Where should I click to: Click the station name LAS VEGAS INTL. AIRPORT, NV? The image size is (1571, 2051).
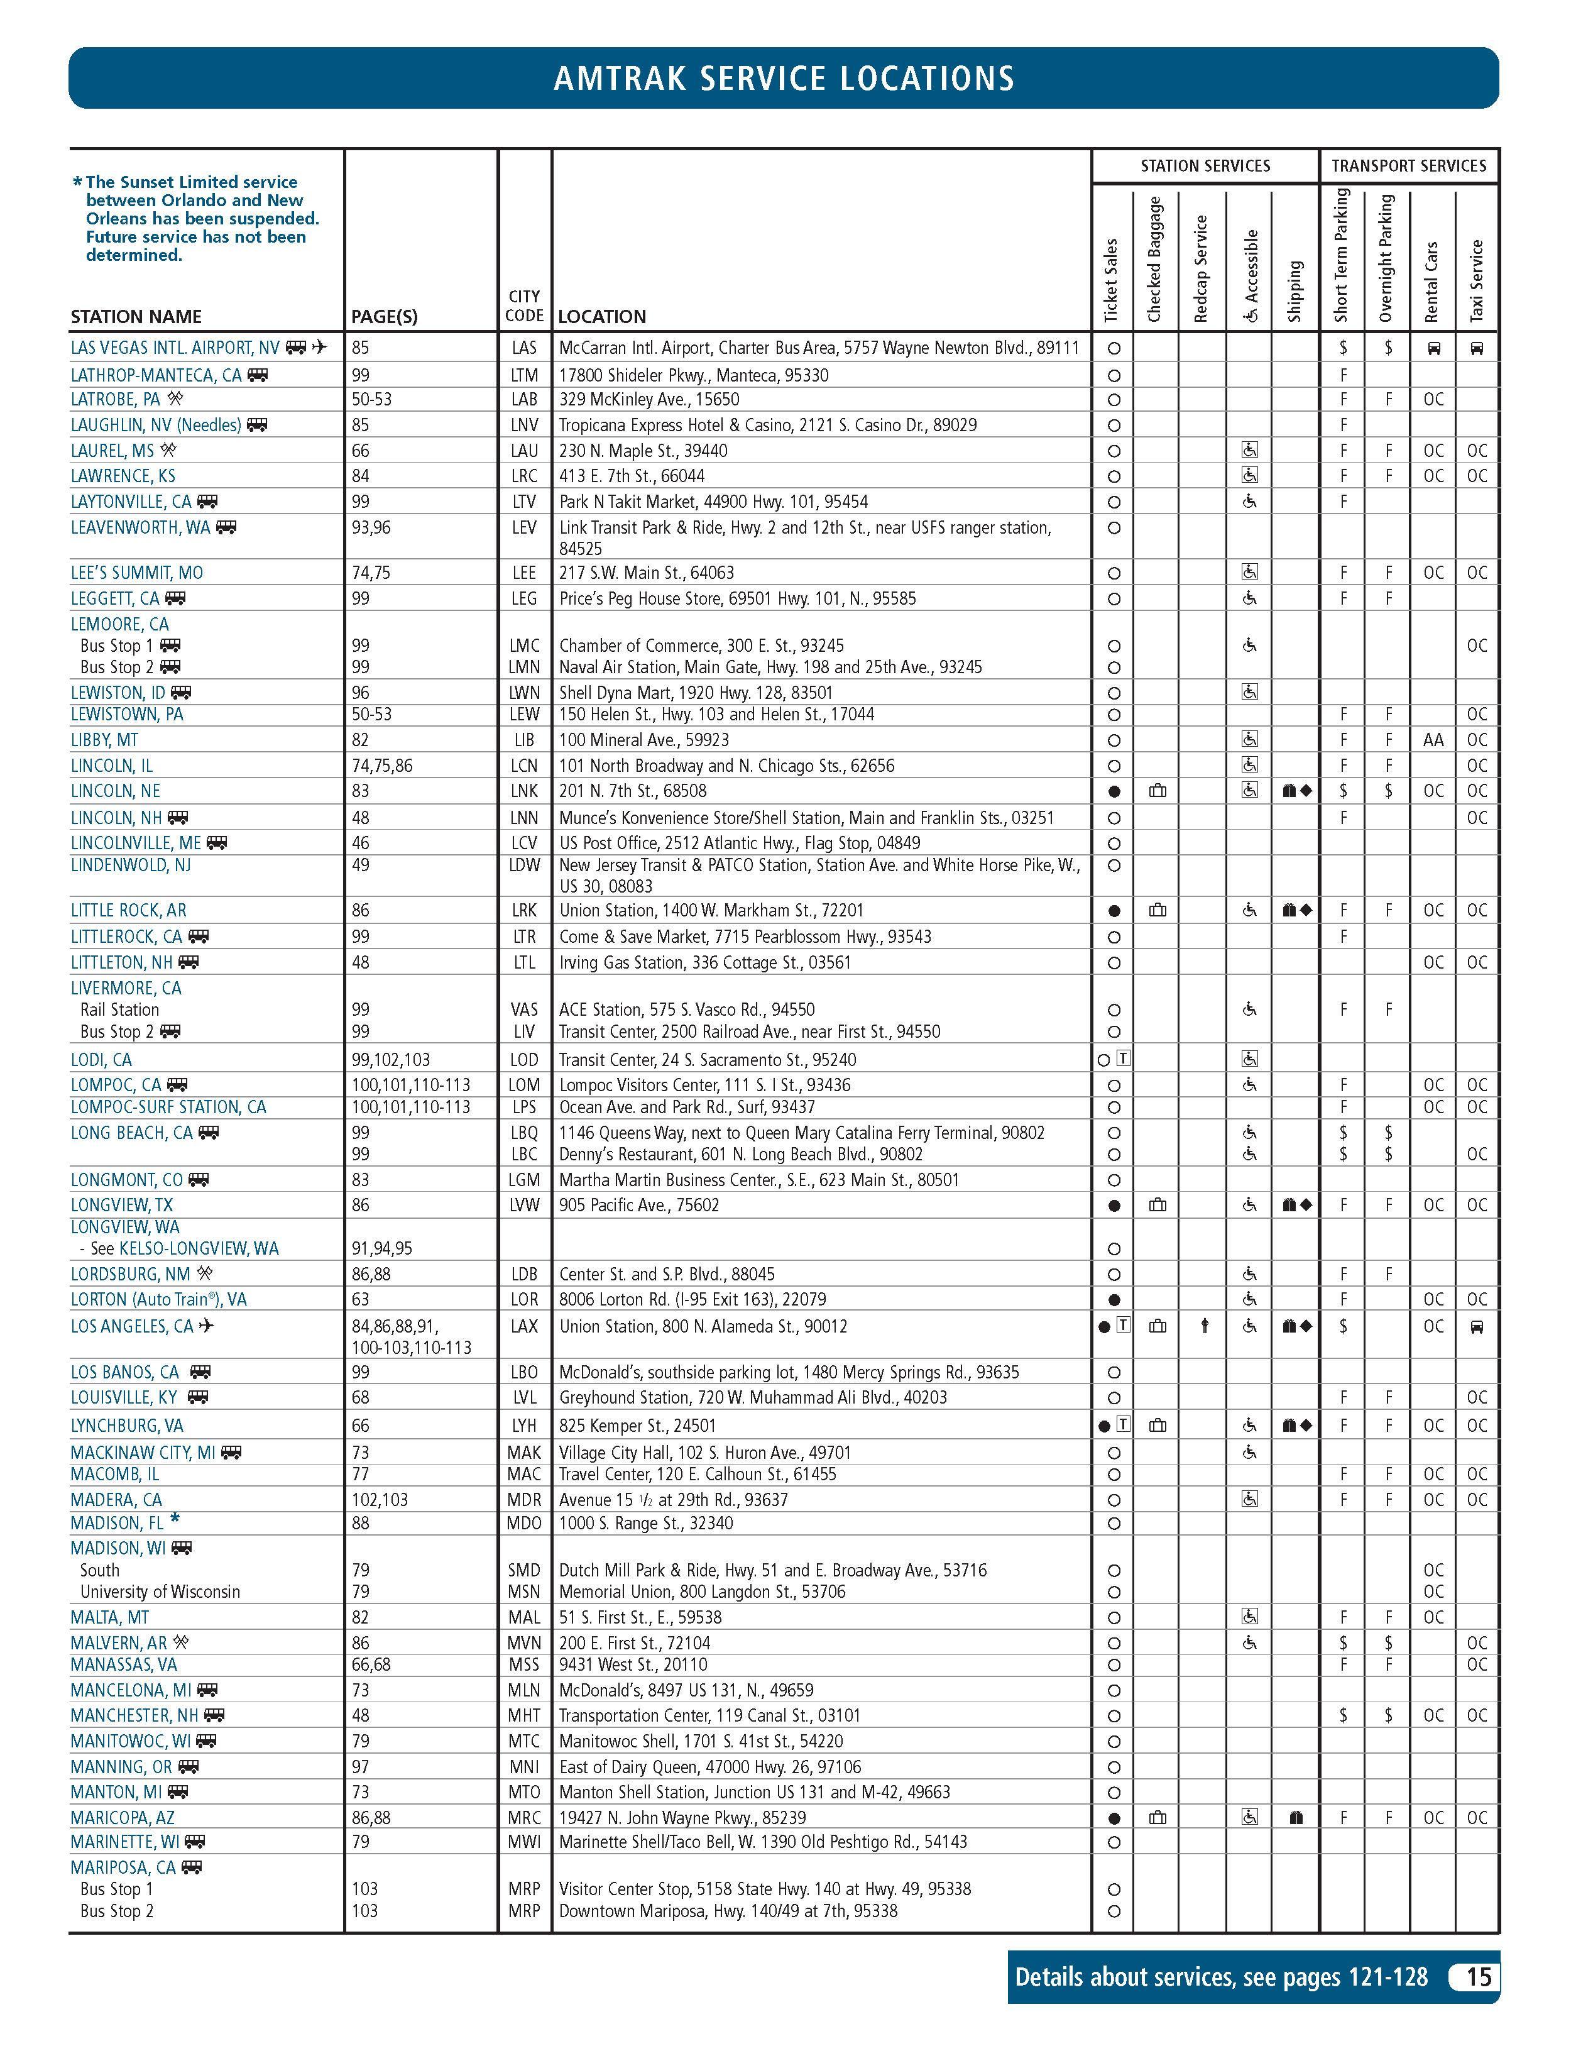[x=175, y=348]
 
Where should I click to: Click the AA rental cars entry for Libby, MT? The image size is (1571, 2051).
[x=1433, y=740]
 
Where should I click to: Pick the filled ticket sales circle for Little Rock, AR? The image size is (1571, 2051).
[x=1114, y=911]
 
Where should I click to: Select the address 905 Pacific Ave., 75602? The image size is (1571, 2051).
[x=638, y=1206]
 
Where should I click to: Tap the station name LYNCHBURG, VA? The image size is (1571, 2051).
[x=127, y=1426]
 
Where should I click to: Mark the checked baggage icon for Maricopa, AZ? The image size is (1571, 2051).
[x=1158, y=1818]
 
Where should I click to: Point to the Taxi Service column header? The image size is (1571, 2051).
[x=1477, y=280]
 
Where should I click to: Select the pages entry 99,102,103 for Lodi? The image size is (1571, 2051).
[x=391, y=1060]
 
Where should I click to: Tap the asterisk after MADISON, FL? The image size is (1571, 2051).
[x=175, y=1520]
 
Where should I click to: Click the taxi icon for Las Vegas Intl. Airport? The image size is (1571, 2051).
[x=1477, y=349]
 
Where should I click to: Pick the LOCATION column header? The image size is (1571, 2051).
[x=602, y=316]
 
